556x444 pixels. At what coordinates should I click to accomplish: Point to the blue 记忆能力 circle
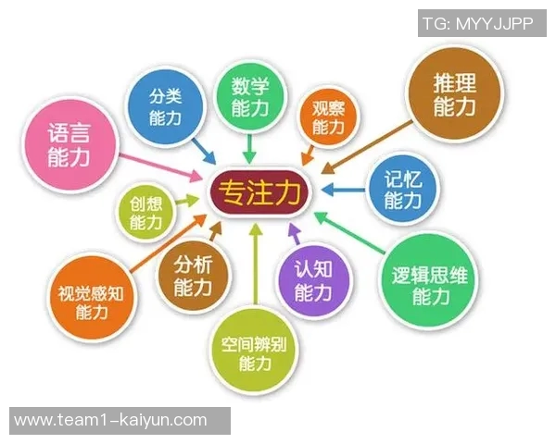tap(400, 189)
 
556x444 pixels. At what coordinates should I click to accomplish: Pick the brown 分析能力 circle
tap(193, 276)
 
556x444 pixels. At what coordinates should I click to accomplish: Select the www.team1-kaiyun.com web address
tap(111, 420)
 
